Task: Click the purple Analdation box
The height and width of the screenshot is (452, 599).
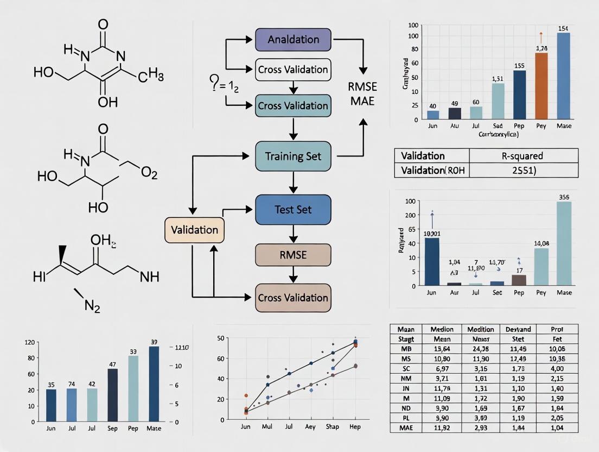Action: pos(293,40)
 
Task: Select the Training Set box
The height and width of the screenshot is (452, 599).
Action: pos(293,156)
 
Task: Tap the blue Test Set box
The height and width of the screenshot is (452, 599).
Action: pos(293,210)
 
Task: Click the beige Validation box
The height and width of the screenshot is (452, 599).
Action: pos(194,229)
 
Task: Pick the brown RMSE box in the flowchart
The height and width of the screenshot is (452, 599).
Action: pos(293,255)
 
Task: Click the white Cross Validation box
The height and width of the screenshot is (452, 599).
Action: pos(293,70)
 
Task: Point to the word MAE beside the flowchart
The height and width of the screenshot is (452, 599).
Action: pos(362,101)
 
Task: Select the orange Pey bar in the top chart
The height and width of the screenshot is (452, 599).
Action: pos(541,86)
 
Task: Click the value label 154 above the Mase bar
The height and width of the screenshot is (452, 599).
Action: pos(563,28)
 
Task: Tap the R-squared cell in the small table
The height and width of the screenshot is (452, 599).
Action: pos(523,156)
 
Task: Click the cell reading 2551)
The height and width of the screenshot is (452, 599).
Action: pos(523,170)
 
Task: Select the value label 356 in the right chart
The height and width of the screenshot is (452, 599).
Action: pos(564,197)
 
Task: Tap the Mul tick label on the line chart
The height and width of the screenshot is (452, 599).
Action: pos(267,427)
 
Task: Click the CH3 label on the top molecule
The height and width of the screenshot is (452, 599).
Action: pos(150,77)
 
